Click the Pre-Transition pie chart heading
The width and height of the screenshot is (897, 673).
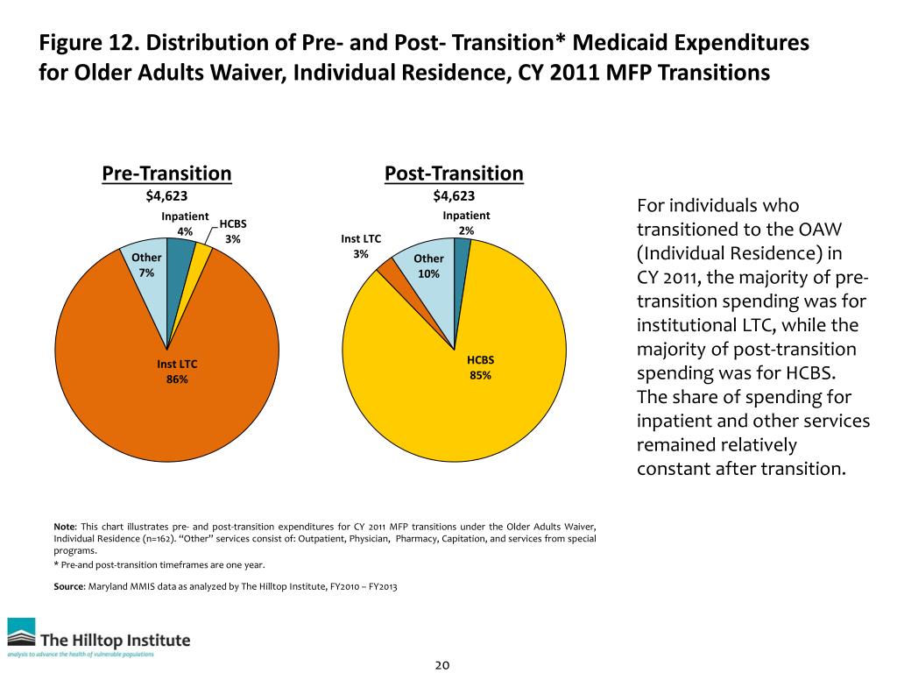(x=166, y=174)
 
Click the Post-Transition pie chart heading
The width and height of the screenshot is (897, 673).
(x=454, y=174)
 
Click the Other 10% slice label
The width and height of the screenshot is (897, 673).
(x=428, y=266)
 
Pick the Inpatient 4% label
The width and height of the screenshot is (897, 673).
(x=185, y=223)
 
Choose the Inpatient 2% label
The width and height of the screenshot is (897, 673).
(x=466, y=223)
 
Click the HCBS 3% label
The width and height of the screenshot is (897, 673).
(x=233, y=231)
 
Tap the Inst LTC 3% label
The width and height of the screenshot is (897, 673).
(x=361, y=245)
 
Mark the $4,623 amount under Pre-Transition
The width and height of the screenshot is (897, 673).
(x=166, y=196)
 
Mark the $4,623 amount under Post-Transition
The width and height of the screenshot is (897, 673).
(x=454, y=196)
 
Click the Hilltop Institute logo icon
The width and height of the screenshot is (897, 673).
(x=22, y=635)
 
